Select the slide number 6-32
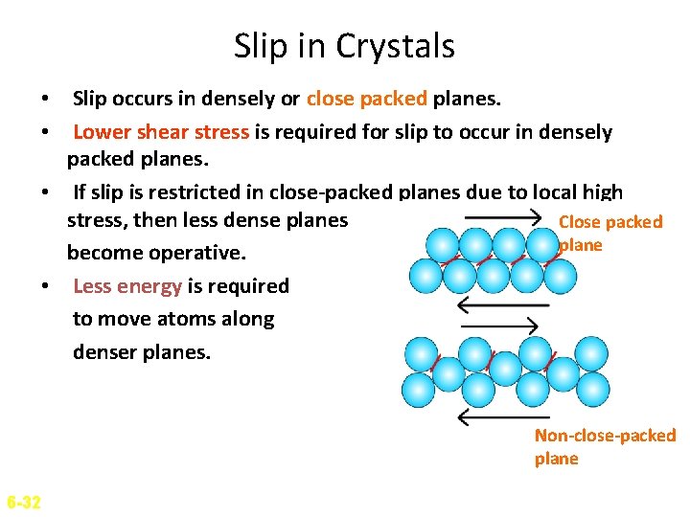(x=23, y=502)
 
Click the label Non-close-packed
(x=605, y=436)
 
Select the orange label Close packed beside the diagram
(x=610, y=222)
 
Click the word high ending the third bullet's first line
(x=603, y=192)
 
